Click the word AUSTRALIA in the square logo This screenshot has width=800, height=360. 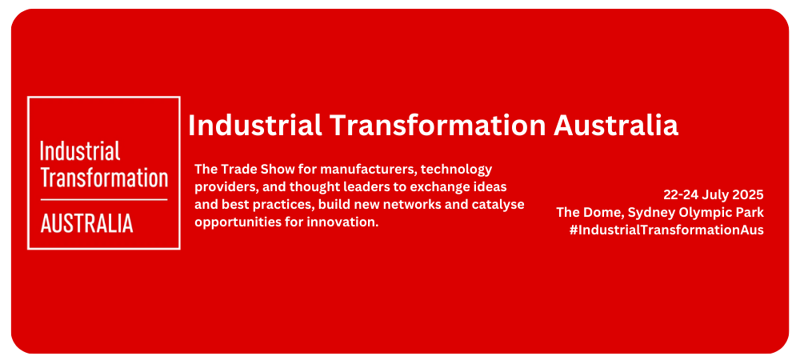coord(86,223)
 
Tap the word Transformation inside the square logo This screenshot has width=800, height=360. coord(104,178)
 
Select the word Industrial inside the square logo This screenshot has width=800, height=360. coord(80,151)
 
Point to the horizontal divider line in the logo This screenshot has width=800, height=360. coord(104,199)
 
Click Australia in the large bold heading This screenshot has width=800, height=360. coord(616,125)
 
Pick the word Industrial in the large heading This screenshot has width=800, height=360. coord(255,125)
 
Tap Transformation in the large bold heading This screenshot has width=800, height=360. coord(438,125)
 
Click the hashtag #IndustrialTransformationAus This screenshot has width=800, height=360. coord(666,230)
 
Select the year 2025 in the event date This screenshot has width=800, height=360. coord(749,194)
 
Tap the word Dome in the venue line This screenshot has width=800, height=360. coord(596,212)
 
